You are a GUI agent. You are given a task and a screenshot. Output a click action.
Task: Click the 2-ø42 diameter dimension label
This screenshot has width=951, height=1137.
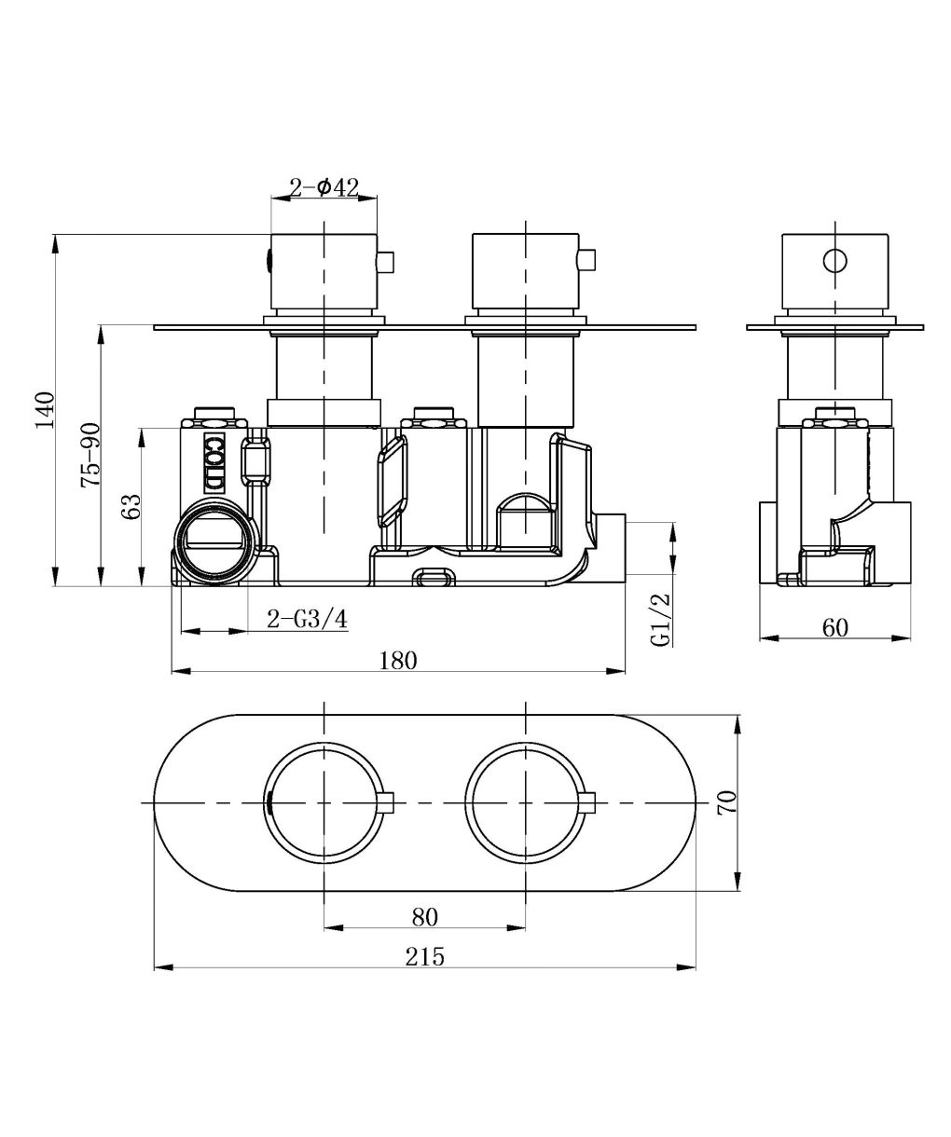pos(324,188)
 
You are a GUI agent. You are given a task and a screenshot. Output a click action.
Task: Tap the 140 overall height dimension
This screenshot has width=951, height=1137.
pos(46,410)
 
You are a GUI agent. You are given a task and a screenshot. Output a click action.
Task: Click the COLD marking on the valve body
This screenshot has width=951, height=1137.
pos(214,463)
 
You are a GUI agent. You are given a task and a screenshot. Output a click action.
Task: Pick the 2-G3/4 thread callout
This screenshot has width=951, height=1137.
pos(307,619)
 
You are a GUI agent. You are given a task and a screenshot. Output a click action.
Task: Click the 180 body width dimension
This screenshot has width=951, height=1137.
pos(398,661)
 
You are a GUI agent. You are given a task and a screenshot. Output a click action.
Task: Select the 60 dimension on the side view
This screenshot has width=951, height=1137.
pos(835,627)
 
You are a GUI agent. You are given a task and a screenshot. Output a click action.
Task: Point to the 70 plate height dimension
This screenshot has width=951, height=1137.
pos(726,802)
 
